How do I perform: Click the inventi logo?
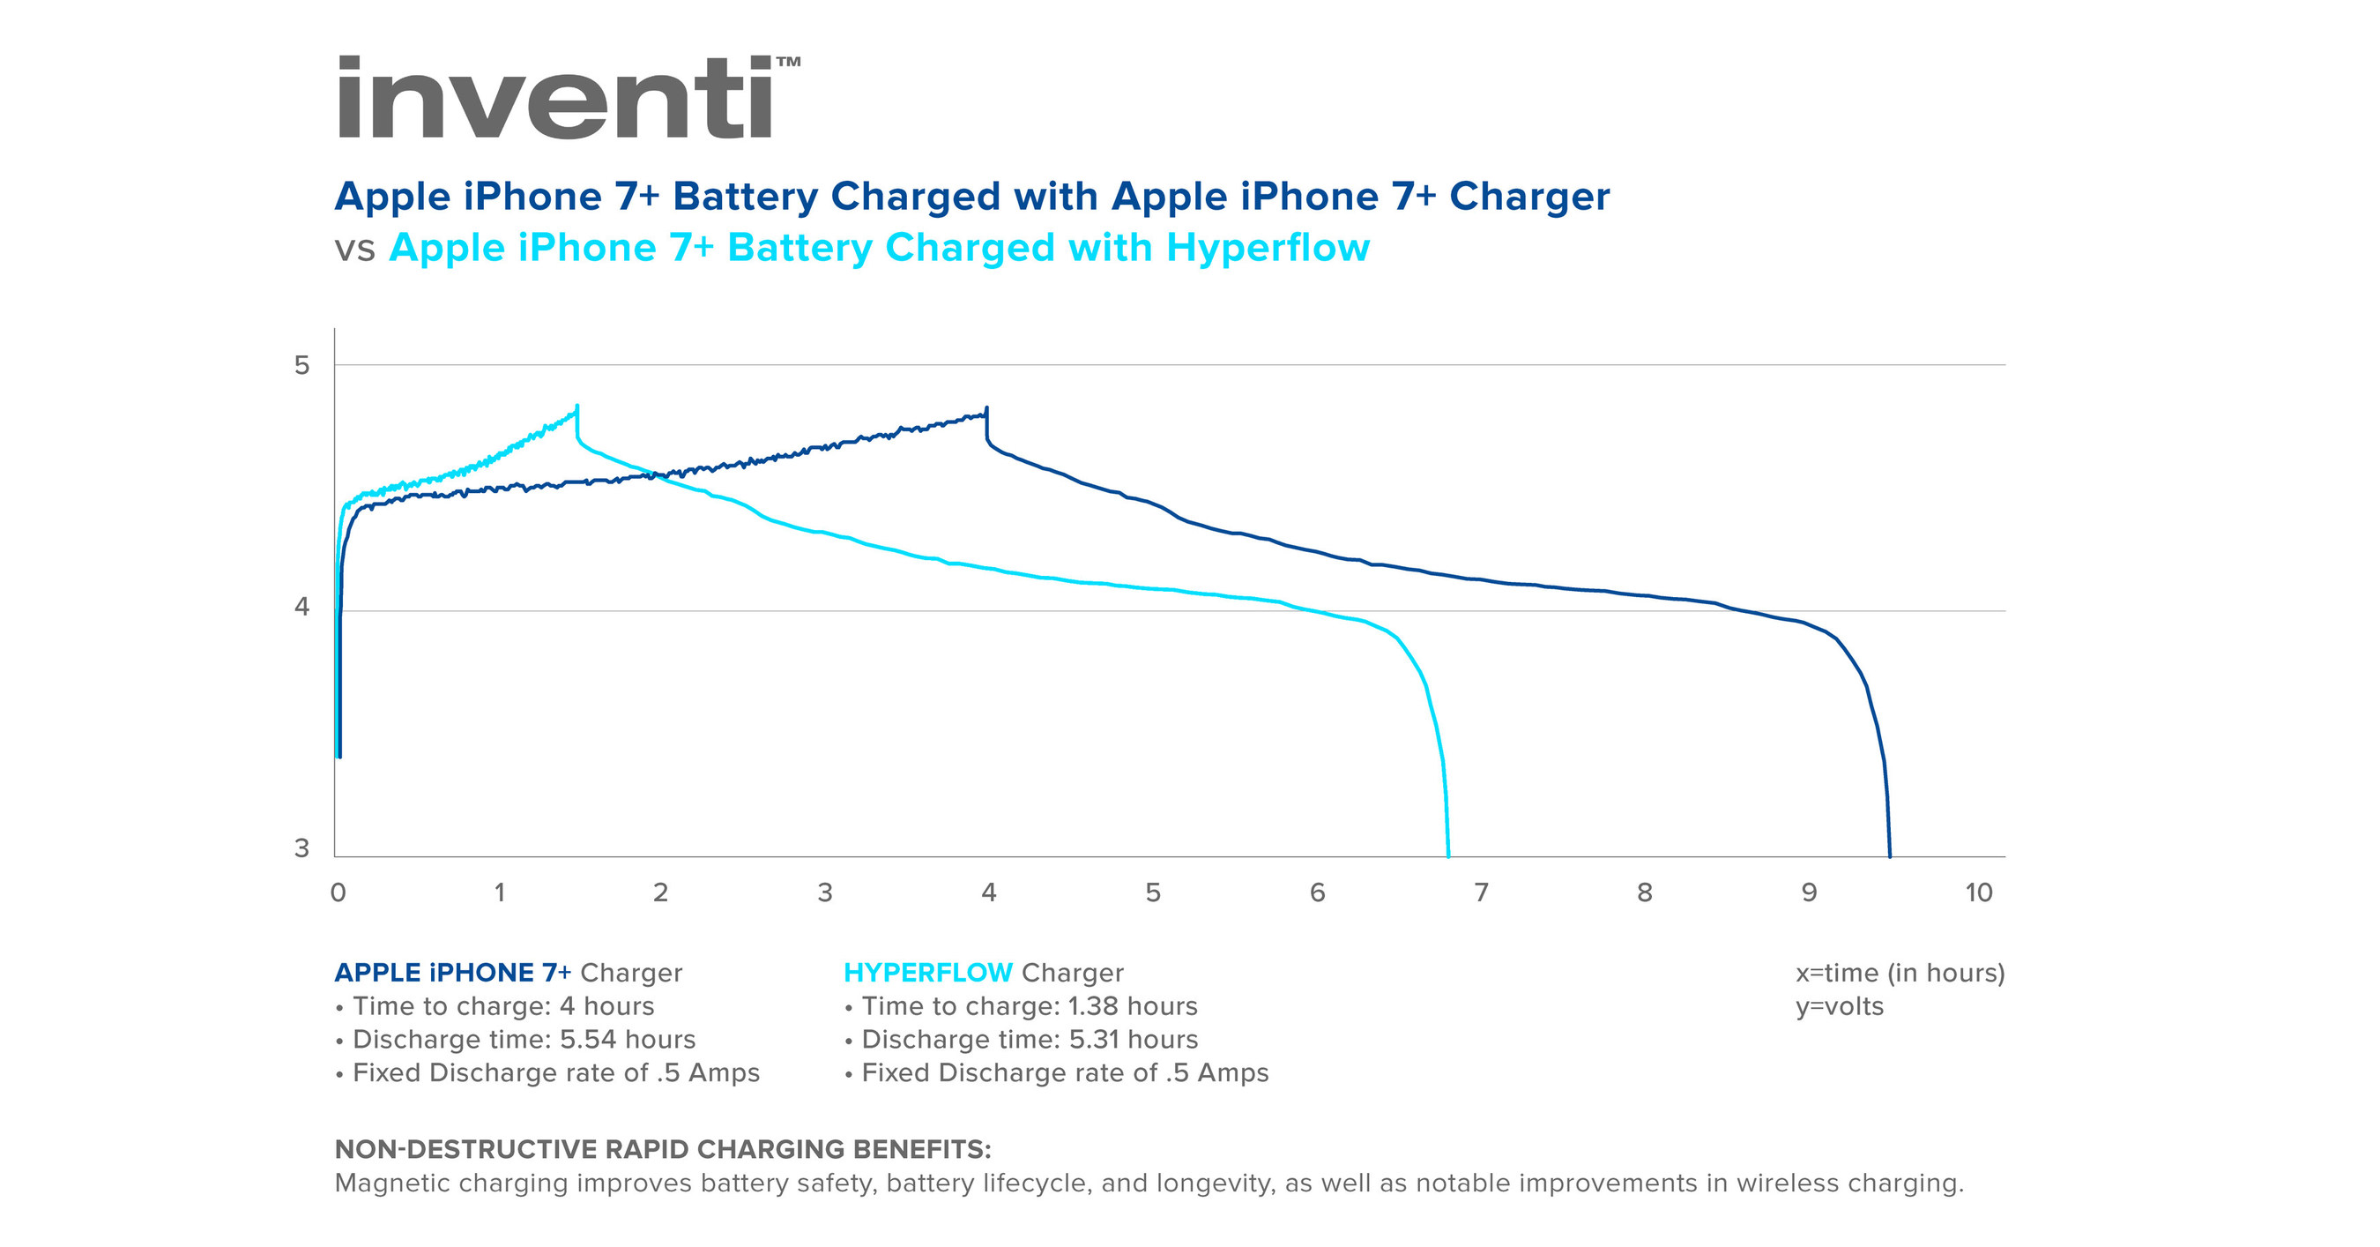pyautogui.click(x=554, y=97)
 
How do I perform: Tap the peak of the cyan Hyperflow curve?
pyautogui.click(x=577, y=407)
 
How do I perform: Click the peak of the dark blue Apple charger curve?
pyautogui.click(x=986, y=408)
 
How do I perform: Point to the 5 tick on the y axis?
pyautogui.click(x=302, y=365)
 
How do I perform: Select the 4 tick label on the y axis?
pyautogui.click(x=302, y=608)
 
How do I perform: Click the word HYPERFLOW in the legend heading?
pyautogui.click(x=927, y=973)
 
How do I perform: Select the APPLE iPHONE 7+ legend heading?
pyautogui.click(x=453, y=973)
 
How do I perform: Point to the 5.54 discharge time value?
pyautogui.click(x=588, y=1039)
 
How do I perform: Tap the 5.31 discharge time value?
pyautogui.click(x=1096, y=1039)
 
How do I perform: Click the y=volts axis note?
pyautogui.click(x=1839, y=1005)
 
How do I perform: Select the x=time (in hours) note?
pyautogui.click(x=1900, y=973)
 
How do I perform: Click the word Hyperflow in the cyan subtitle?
pyautogui.click(x=1268, y=248)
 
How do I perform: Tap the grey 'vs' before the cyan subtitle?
pyautogui.click(x=354, y=250)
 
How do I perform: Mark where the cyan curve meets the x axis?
pyautogui.click(x=1447, y=856)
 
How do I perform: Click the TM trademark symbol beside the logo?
pyautogui.click(x=788, y=62)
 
